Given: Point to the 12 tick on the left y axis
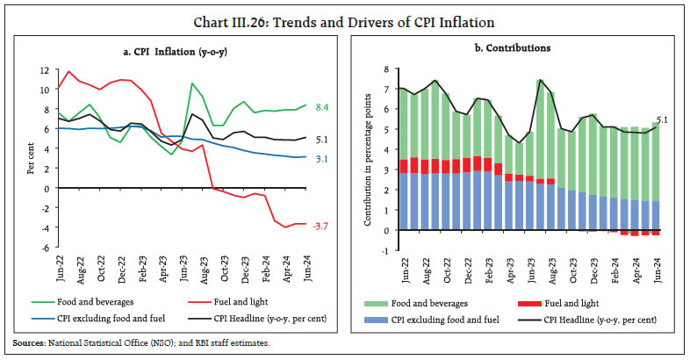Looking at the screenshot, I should pyautogui.click(x=44, y=70).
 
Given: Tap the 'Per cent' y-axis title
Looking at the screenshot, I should pyautogui.click(x=30, y=160).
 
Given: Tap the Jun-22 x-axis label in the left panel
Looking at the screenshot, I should pyautogui.click(x=61, y=270).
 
